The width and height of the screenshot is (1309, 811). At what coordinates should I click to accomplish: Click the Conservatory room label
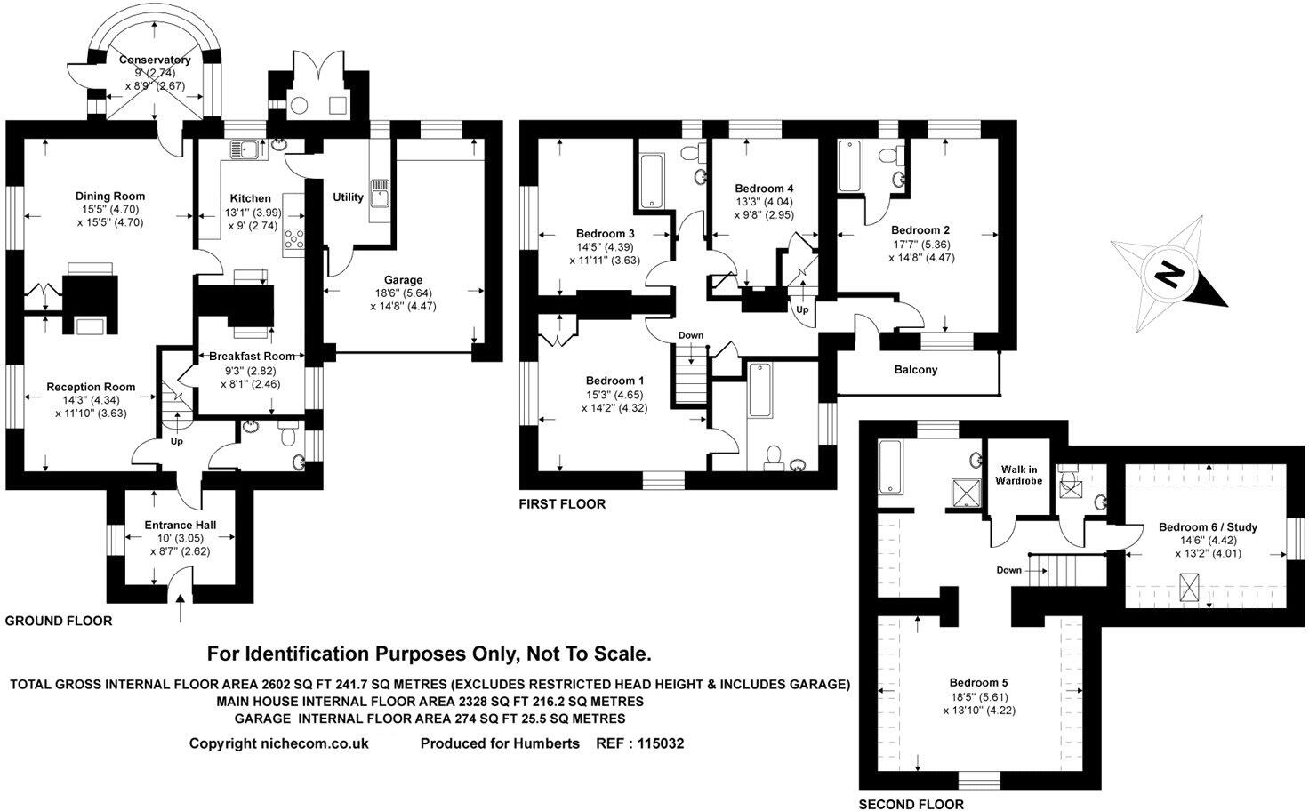pos(156,60)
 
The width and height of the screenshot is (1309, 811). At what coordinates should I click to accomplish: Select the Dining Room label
pos(109,197)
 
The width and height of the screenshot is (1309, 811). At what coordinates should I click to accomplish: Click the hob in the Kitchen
pos(293,238)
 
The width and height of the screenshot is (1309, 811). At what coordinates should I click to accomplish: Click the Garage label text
pos(403,279)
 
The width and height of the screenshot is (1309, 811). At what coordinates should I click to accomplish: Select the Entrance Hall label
pos(181,525)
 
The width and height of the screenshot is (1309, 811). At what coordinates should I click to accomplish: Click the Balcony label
pos(915,370)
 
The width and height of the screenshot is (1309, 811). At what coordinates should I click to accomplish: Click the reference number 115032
pos(655,743)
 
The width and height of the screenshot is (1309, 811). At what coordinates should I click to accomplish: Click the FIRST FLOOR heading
pos(562,504)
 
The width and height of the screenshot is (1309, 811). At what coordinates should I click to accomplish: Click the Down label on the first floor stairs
pos(690,335)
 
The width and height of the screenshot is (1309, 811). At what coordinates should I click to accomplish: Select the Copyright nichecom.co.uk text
pos(278,743)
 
